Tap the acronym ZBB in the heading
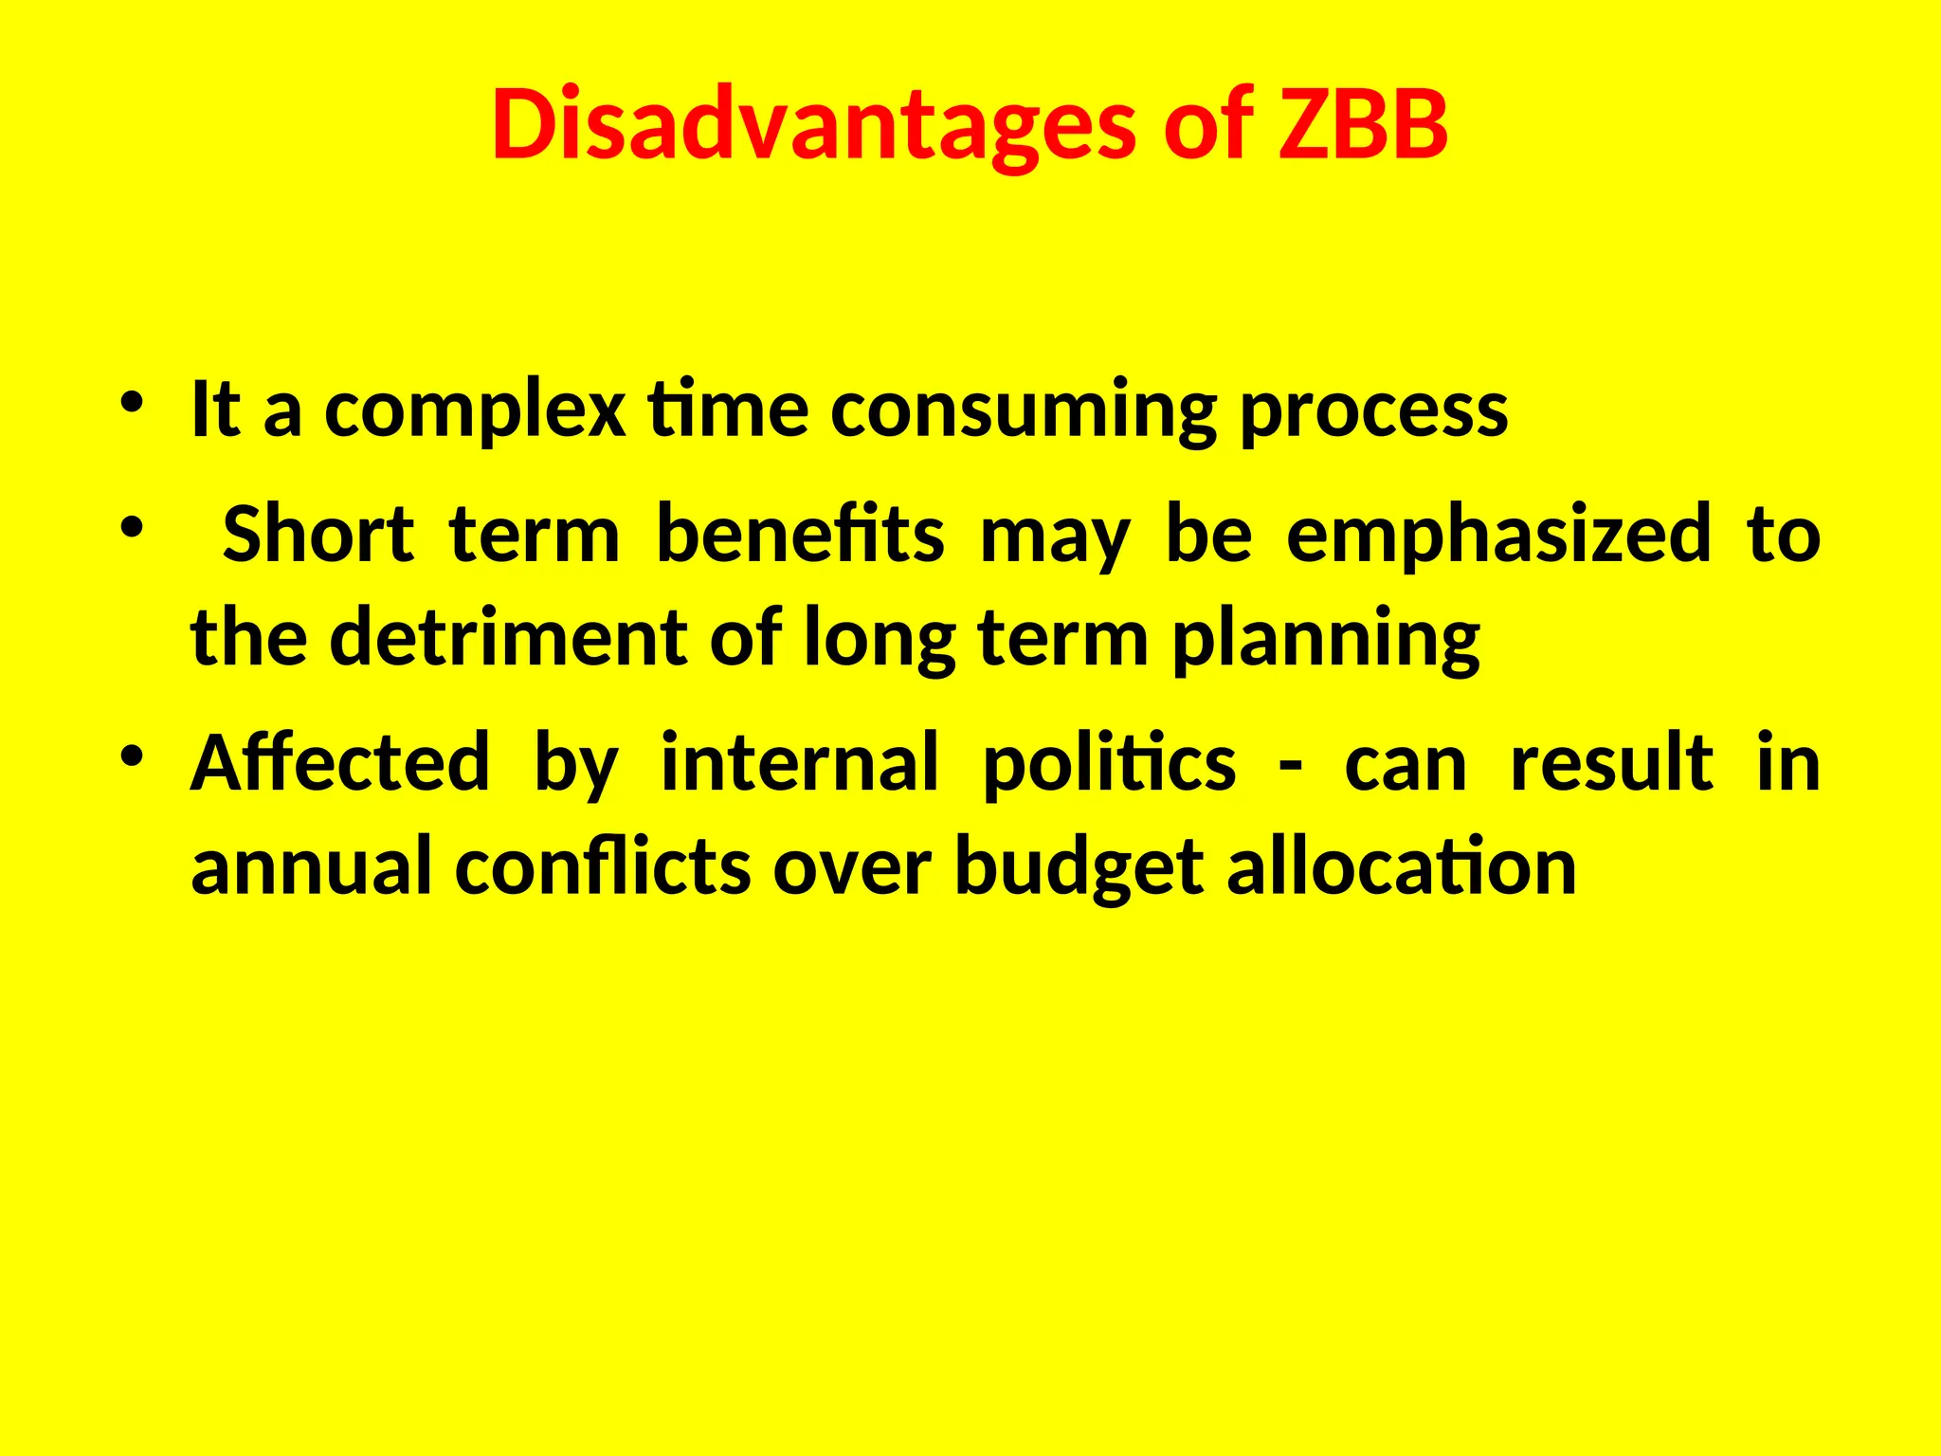click(1362, 125)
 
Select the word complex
click(475, 411)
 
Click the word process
click(1373, 411)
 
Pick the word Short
click(318, 535)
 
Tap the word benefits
click(800, 535)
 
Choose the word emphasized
click(1498, 535)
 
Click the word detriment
click(508, 639)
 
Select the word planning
click(1326, 639)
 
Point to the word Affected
click(340, 763)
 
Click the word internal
click(799, 763)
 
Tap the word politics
click(1109, 763)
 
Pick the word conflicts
click(603, 866)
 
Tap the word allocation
click(1402, 866)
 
